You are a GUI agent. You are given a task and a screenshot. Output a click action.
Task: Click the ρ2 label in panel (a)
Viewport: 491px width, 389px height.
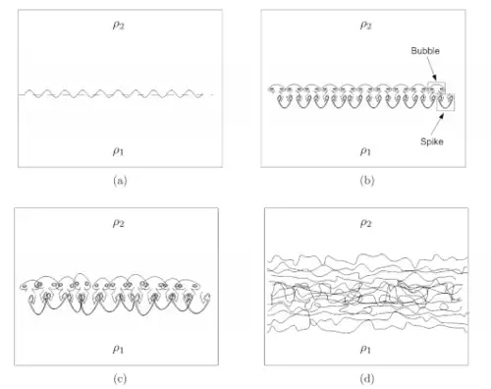[x=119, y=25]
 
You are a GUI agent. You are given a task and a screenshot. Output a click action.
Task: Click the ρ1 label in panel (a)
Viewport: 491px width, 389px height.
[x=118, y=151]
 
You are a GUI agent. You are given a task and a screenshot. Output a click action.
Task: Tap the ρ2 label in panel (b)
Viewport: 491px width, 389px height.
[x=365, y=25]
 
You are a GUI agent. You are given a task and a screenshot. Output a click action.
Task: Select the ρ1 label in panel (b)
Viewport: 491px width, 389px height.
[x=365, y=151]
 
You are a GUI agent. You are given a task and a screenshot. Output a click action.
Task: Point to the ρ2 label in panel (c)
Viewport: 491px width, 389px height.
[x=119, y=223]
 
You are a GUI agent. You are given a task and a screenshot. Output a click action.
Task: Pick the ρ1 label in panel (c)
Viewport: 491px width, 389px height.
[x=118, y=349]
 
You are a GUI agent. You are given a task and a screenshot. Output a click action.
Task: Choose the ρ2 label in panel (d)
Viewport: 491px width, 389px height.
[x=365, y=223]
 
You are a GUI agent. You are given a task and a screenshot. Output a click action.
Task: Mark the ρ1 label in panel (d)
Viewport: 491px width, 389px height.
[x=365, y=349]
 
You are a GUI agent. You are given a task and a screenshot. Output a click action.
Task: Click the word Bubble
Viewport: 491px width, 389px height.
[x=425, y=51]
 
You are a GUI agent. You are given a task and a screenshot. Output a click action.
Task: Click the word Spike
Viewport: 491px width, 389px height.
[x=432, y=141]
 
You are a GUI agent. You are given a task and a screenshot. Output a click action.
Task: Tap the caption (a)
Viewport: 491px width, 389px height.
[x=120, y=181]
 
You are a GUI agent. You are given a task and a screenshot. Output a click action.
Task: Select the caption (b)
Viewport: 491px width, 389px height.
[x=367, y=181]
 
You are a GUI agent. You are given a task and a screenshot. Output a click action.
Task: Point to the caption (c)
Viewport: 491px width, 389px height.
[x=120, y=379]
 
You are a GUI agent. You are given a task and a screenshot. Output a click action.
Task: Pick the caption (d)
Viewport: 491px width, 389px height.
[x=367, y=379]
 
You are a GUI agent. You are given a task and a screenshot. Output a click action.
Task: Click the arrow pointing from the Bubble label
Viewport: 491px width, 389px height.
[x=431, y=68]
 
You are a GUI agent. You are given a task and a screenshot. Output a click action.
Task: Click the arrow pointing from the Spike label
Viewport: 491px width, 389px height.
[x=437, y=124]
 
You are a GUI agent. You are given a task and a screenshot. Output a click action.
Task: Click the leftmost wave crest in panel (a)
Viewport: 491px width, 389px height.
[x=28, y=89]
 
